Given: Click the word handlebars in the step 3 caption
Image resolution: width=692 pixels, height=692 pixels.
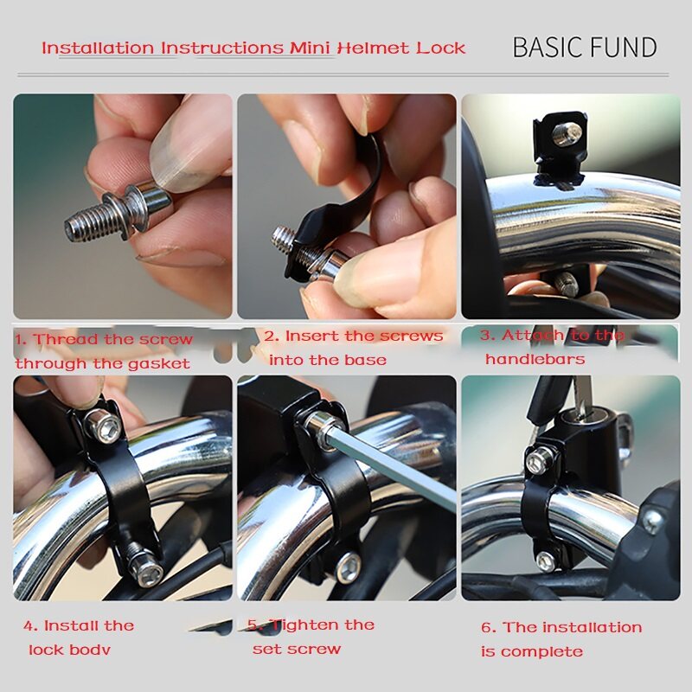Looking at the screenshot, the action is pyautogui.click(x=535, y=359).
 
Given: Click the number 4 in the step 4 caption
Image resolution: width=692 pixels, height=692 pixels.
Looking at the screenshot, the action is pyautogui.click(x=29, y=625).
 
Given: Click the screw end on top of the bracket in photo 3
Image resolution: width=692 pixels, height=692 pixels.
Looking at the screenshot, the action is pyautogui.click(x=567, y=134).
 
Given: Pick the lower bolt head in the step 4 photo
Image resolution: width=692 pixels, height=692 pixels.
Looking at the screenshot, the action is pyautogui.click(x=149, y=573).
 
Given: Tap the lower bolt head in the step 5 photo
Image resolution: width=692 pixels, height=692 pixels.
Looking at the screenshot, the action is pyautogui.click(x=349, y=567).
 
